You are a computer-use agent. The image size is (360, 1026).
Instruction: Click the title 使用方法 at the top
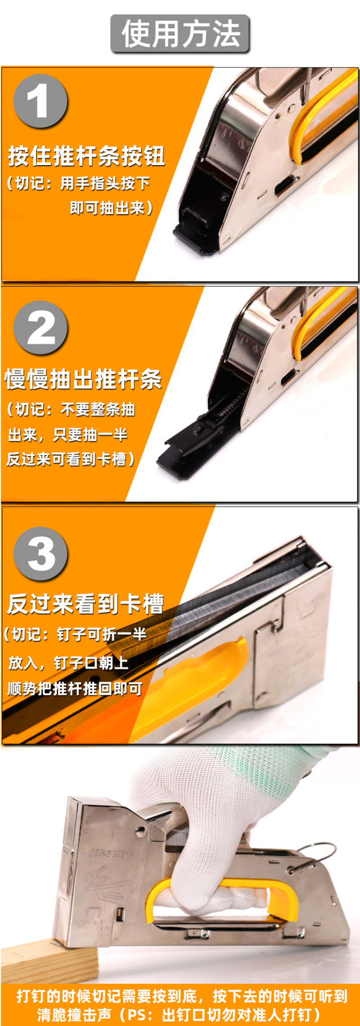(x=180, y=34)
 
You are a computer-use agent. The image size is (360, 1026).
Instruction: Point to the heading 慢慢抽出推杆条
(x=83, y=379)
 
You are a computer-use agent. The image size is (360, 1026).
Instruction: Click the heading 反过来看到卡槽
(x=85, y=604)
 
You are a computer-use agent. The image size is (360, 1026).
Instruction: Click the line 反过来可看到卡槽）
(x=71, y=459)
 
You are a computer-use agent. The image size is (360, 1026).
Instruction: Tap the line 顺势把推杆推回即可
(x=75, y=688)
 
